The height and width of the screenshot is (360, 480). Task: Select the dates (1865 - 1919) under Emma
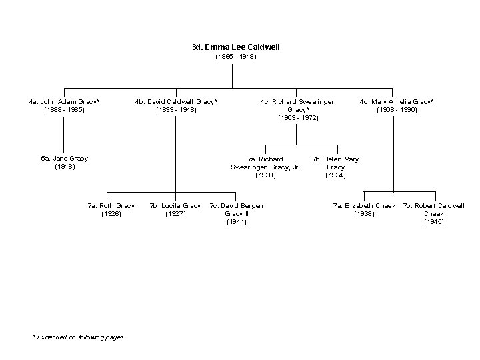235,57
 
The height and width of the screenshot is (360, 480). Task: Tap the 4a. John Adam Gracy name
64,101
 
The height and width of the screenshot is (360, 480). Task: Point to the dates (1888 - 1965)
64,109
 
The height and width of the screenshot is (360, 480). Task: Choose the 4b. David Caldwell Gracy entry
176,101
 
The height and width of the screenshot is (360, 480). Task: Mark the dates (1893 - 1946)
176,109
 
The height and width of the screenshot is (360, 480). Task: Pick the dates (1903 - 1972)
298,117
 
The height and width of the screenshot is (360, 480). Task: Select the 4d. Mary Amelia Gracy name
397,101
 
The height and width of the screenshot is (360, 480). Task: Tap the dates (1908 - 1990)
397,109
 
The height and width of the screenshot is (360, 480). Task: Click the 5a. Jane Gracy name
64,159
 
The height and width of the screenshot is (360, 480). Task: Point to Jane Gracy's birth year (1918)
64,167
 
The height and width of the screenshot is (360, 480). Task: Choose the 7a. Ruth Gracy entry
111,206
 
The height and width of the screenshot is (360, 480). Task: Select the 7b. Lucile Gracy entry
175,206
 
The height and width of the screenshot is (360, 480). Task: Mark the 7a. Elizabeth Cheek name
364,206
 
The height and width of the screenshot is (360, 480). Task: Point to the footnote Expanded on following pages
79,337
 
